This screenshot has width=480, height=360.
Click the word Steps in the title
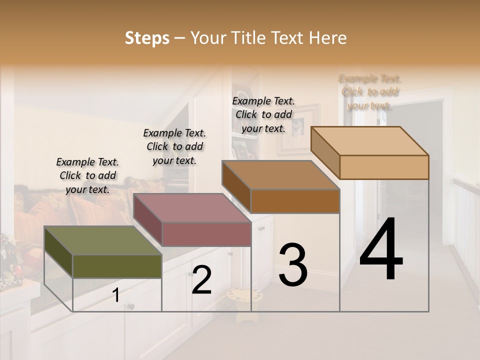pos(147,38)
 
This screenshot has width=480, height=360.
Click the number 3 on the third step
pos(292,265)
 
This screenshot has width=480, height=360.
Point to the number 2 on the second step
pos(201,280)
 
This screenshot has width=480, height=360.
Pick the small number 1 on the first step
pos(116,295)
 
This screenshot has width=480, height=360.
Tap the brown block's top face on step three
pos(280,175)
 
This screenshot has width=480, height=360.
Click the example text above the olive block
pos(87,175)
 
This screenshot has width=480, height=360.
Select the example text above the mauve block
pos(174,146)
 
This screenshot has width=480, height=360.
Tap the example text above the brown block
pos(263,114)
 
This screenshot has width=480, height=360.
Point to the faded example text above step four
pos(370,92)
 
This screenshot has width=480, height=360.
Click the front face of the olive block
pos(117,266)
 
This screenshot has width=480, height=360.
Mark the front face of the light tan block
pos(384,167)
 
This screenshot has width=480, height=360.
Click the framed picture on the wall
pos(299,127)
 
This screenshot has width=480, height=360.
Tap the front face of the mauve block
pos(206,234)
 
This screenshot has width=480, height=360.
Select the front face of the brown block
pos(295,201)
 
